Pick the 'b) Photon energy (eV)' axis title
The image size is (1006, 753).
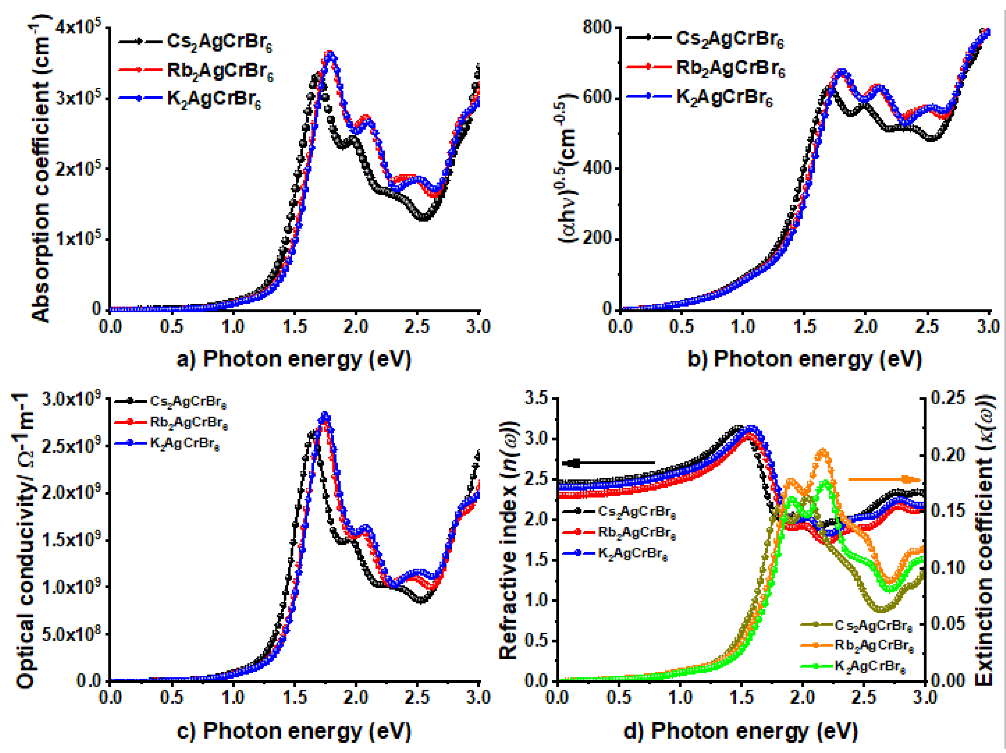coord(804,359)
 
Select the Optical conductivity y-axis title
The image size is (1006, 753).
coord(25,541)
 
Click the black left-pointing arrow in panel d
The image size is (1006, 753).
coord(609,463)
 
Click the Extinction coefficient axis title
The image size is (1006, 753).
coord(985,541)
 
